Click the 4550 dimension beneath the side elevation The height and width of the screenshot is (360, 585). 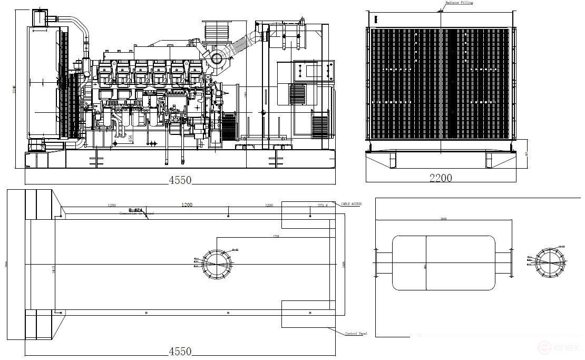pyautogui.click(x=180, y=180)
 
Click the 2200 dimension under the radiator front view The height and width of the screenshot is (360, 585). pyautogui.click(x=441, y=179)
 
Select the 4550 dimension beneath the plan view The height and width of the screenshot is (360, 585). pyautogui.click(x=180, y=351)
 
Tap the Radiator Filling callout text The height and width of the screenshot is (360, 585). pyautogui.click(x=459, y=3)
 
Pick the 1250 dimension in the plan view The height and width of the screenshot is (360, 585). pyautogui.click(x=112, y=205)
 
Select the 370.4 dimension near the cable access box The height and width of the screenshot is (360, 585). pyautogui.click(x=323, y=205)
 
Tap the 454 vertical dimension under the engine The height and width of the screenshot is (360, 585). pyautogui.click(x=130, y=138)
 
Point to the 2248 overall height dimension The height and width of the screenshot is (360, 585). pyautogui.click(x=15, y=91)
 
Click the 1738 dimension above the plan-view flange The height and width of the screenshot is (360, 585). pyautogui.click(x=276, y=236)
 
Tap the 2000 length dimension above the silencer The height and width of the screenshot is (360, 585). pyautogui.click(x=444, y=218)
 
